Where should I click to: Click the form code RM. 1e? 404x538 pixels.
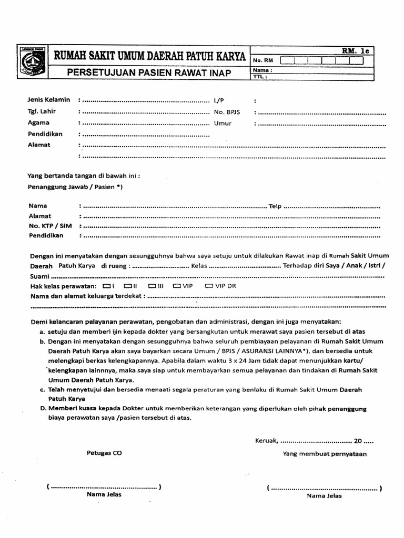(x=356, y=50)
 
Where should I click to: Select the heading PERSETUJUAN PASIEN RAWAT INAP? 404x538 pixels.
(x=149, y=73)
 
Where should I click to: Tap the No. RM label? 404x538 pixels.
(x=261, y=61)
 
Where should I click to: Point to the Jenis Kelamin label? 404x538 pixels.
(x=49, y=99)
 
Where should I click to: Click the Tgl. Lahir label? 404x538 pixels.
(x=42, y=111)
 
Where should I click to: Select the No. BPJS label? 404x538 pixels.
(x=226, y=112)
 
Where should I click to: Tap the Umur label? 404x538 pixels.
(x=223, y=123)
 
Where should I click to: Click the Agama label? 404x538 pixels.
(x=39, y=122)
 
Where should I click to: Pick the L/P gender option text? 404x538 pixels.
(x=219, y=100)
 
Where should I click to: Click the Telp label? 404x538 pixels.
(x=275, y=206)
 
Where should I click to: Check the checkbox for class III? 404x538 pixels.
(x=151, y=286)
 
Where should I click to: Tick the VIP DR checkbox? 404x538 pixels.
(x=208, y=286)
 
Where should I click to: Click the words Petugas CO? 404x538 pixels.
(x=104, y=453)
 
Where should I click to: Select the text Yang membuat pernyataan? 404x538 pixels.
(x=325, y=453)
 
